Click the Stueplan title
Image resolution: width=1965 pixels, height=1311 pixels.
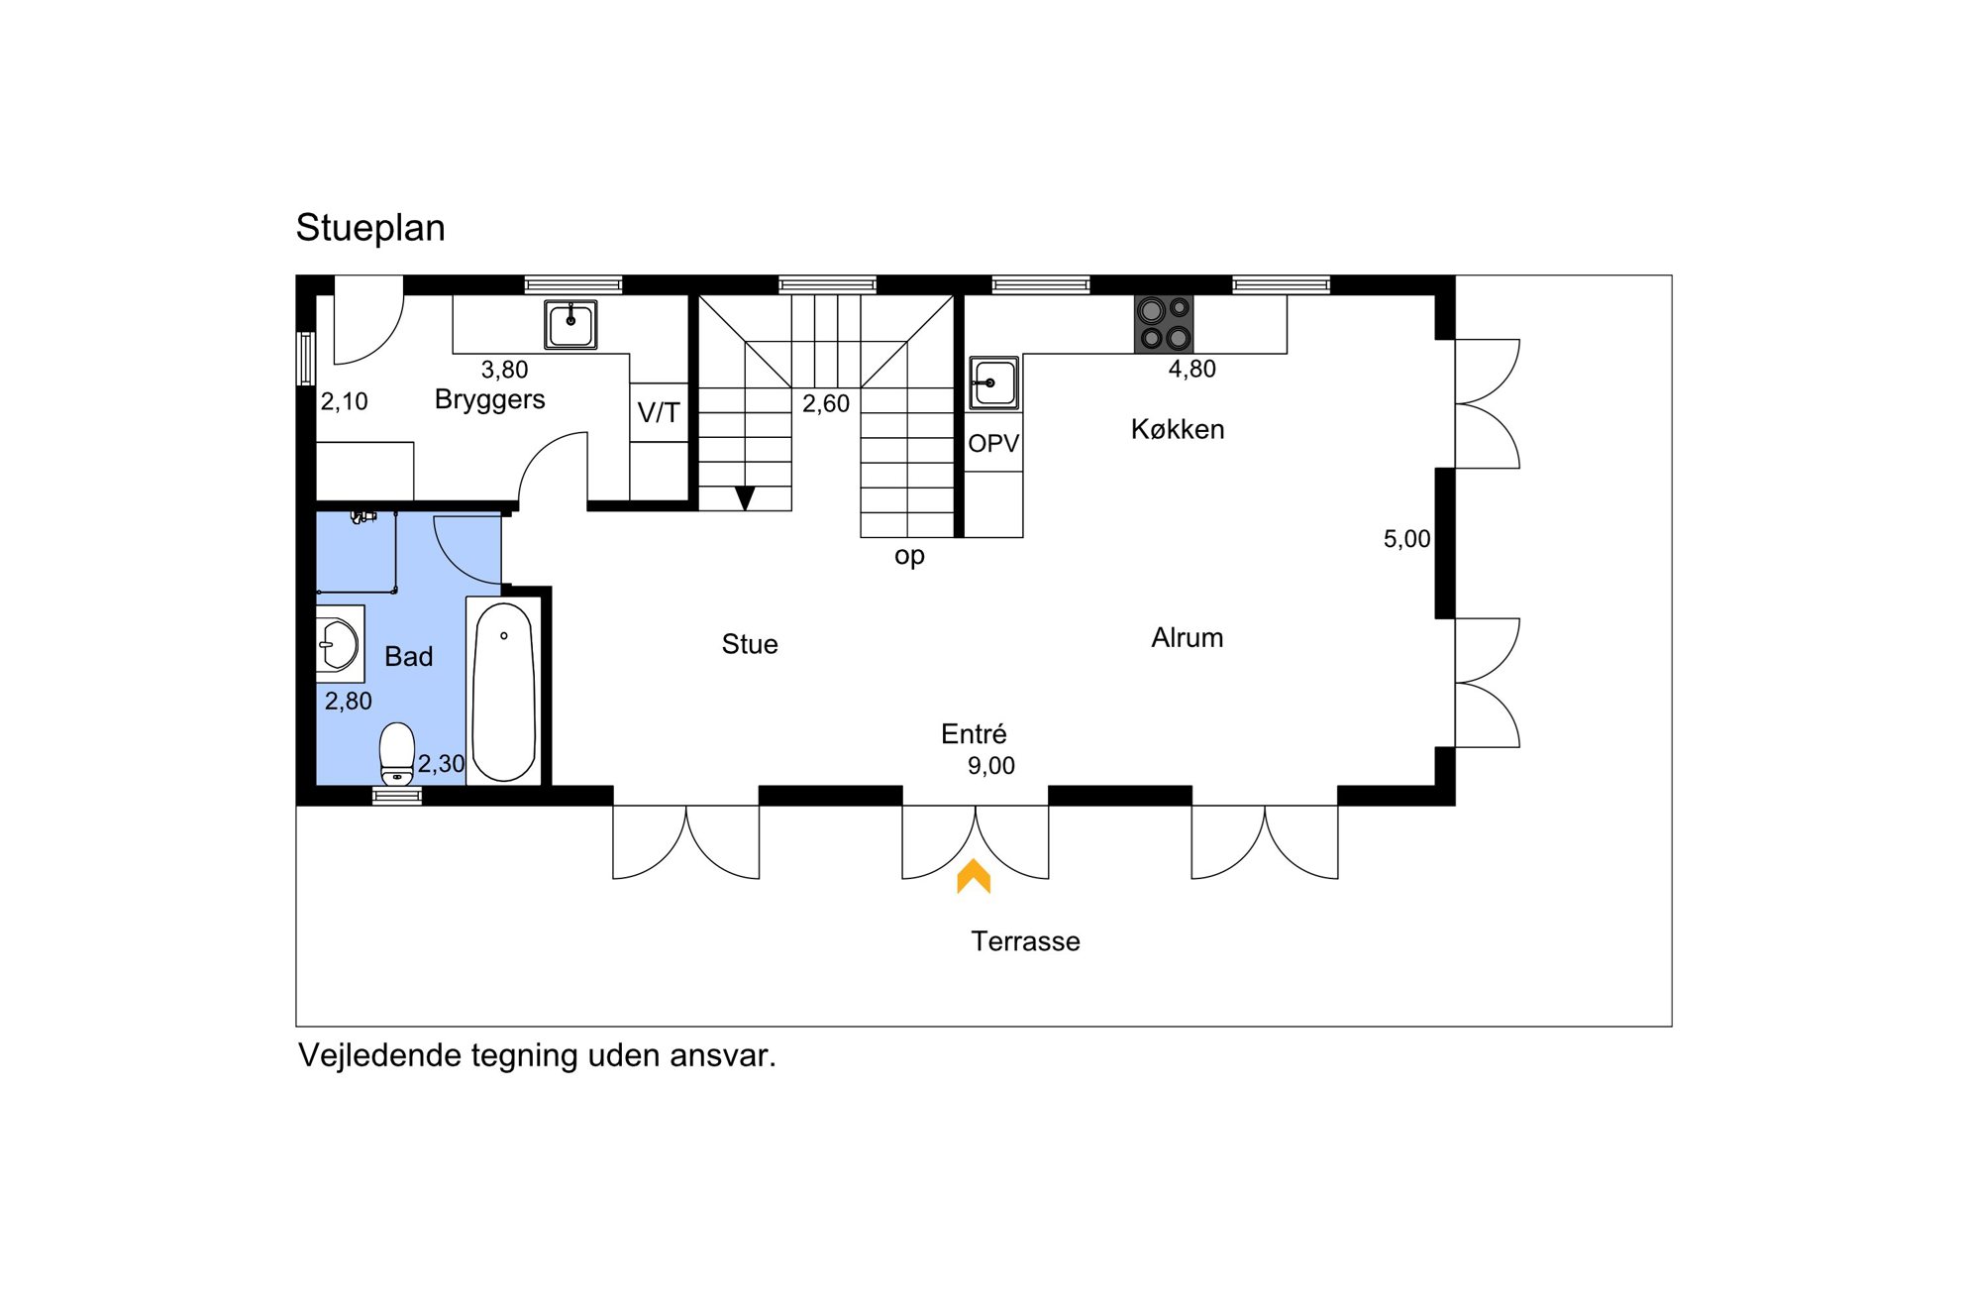tap(370, 228)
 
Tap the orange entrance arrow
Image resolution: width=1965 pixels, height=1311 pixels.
tap(974, 876)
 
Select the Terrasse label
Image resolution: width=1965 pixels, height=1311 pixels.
tap(1025, 941)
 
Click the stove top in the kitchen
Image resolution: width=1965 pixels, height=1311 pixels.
tap(1164, 324)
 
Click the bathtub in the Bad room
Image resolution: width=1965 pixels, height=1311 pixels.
tap(504, 692)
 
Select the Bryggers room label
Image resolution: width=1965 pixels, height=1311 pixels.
tap(489, 399)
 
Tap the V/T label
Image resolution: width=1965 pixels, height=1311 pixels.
tap(659, 412)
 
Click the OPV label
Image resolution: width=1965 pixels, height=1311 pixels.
tap(993, 443)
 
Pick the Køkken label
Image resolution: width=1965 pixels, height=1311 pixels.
tap(1178, 429)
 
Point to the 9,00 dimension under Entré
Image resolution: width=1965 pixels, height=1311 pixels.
tap(991, 766)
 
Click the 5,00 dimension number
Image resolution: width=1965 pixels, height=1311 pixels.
tap(1406, 539)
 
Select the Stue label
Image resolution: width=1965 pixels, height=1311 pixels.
tap(750, 644)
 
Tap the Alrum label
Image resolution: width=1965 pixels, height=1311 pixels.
tap(1187, 637)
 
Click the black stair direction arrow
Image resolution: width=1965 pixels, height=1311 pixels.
tap(745, 497)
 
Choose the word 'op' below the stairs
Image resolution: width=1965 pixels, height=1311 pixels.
tap(909, 556)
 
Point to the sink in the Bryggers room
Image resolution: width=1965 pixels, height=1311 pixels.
tap(570, 324)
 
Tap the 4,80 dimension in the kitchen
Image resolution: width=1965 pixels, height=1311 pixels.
tap(1191, 370)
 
